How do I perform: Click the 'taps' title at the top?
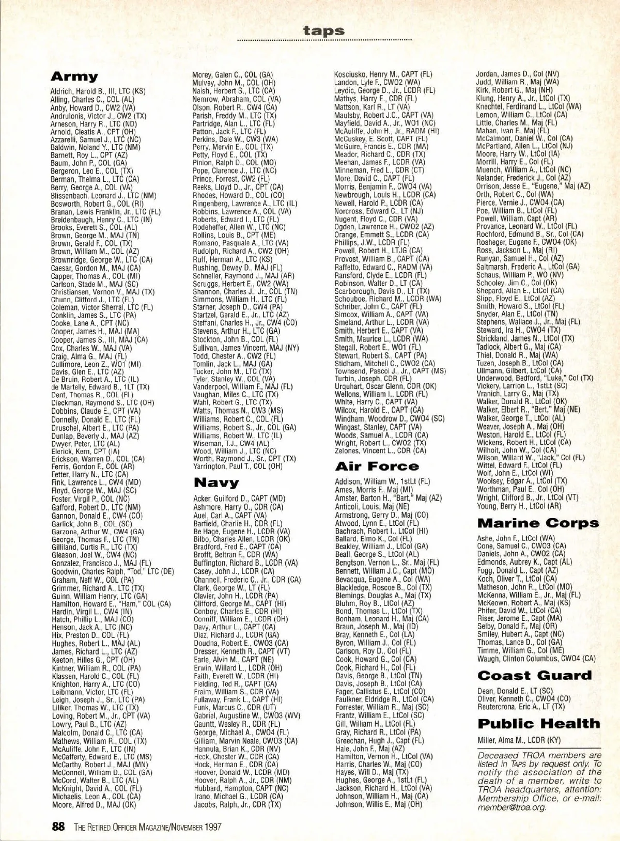tap(324, 30)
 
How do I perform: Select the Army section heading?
tap(74, 77)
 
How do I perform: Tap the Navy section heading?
tap(216, 483)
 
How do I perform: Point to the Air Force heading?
tap(377, 466)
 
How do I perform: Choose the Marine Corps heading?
tap(538, 523)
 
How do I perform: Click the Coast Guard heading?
tap(534, 675)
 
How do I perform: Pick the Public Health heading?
tap(538, 723)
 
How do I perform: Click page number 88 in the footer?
tap(58, 826)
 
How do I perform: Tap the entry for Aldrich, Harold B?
tap(98, 91)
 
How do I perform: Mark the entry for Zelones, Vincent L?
tap(380, 450)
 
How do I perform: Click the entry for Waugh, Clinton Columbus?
tap(536, 659)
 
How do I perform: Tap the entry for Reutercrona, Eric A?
tap(521, 706)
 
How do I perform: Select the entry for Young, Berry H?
tap(512, 506)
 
